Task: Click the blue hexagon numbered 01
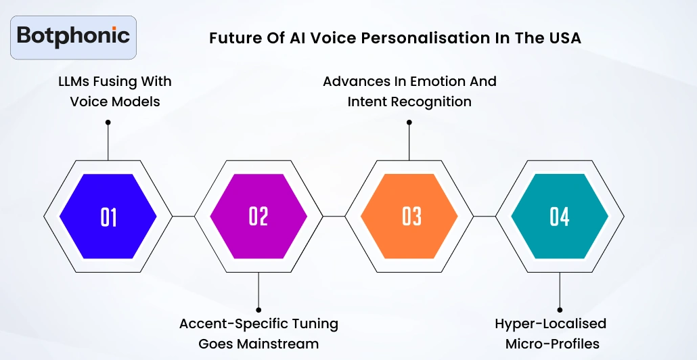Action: [108, 217]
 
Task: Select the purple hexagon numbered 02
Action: [258, 217]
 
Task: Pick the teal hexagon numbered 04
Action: [560, 217]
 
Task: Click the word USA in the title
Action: [563, 38]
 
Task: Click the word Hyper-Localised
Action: [550, 323]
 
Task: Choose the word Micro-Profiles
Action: [552, 344]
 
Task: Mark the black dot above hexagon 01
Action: [108, 122]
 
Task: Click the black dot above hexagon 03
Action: [409, 122]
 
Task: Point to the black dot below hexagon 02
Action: [258, 310]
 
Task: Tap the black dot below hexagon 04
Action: [560, 310]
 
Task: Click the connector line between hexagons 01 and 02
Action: [183, 217]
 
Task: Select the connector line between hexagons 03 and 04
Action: [485, 217]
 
